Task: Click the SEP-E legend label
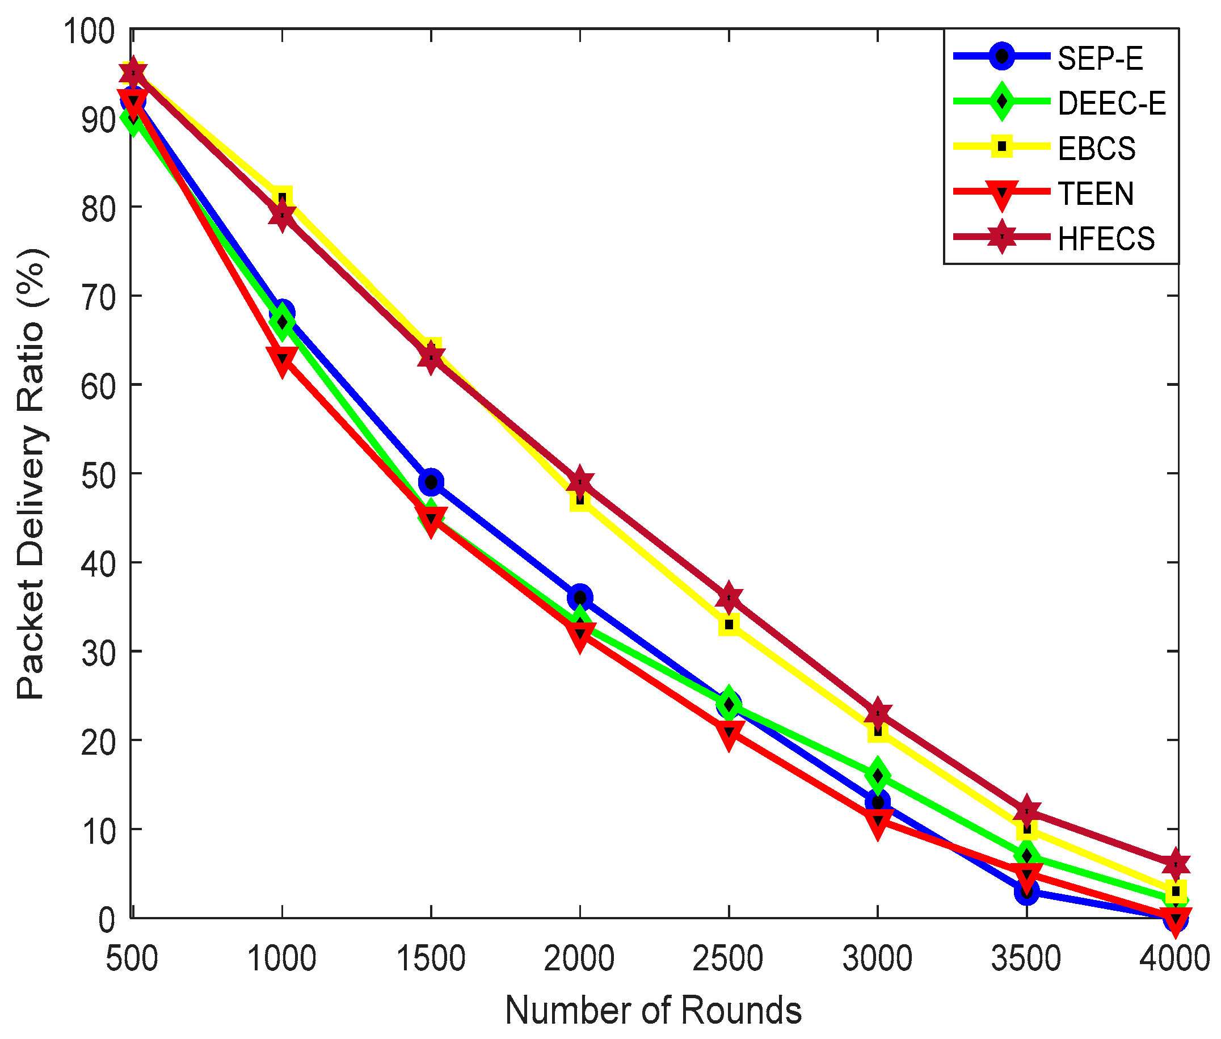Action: [1099, 58]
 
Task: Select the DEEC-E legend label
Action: [1110, 104]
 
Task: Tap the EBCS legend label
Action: [1096, 149]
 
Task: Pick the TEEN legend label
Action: [1094, 194]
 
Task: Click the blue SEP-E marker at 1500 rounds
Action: [431, 482]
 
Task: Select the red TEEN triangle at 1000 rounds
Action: [282, 359]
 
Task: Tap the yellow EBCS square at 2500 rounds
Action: [729, 625]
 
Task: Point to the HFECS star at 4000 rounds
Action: [1175, 865]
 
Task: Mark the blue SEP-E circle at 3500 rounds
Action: [1026, 892]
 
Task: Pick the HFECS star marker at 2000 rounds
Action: [580, 482]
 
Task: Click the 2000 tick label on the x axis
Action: [579, 958]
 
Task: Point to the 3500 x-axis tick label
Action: [1026, 958]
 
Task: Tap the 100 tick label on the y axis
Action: [89, 31]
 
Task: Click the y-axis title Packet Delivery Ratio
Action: [31, 475]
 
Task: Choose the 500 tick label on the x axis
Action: [132, 958]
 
